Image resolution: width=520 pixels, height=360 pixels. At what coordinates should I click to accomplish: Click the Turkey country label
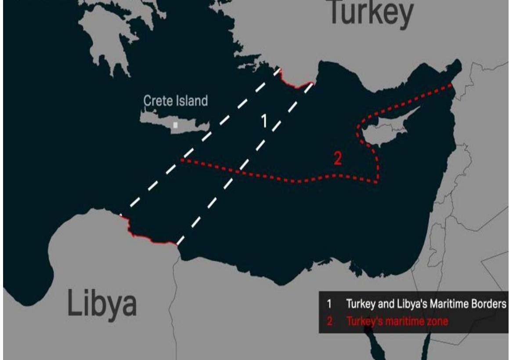click(370, 12)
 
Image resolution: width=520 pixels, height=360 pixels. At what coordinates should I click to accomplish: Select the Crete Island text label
click(176, 101)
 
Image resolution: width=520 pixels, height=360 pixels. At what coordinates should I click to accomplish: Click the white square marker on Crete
click(175, 125)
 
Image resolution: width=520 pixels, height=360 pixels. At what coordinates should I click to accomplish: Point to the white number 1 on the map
click(264, 121)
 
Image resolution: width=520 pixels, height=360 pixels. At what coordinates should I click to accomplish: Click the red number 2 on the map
click(337, 159)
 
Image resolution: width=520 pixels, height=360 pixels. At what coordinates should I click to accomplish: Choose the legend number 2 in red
click(329, 322)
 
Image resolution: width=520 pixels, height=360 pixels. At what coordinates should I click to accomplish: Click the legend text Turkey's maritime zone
click(397, 322)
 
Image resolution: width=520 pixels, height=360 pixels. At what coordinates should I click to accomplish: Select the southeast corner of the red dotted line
click(377, 182)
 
